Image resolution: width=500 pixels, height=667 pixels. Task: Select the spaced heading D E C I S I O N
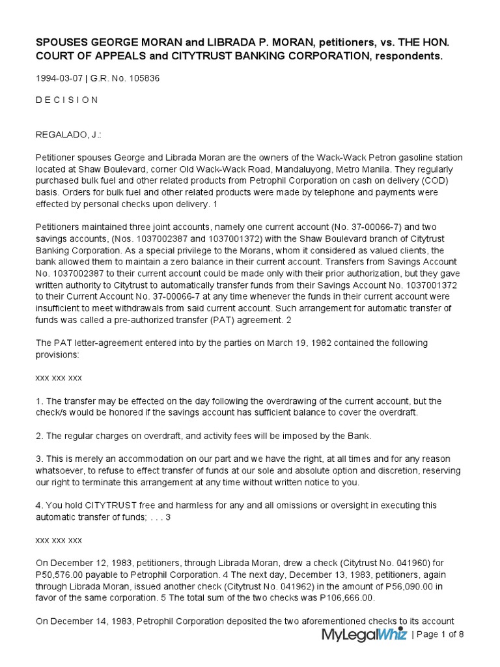point(67,100)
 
